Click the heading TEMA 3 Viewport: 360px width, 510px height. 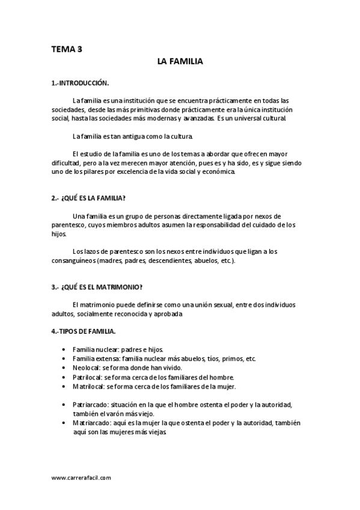(x=67, y=50)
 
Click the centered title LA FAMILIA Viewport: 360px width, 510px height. (x=180, y=62)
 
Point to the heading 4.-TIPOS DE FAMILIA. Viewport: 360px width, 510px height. (x=84, y=331)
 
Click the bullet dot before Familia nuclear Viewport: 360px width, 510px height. (x=64, y=349)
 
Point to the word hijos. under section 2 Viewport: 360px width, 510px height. (x=58, y=235)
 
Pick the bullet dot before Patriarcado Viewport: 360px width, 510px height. (x=64, y=405)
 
